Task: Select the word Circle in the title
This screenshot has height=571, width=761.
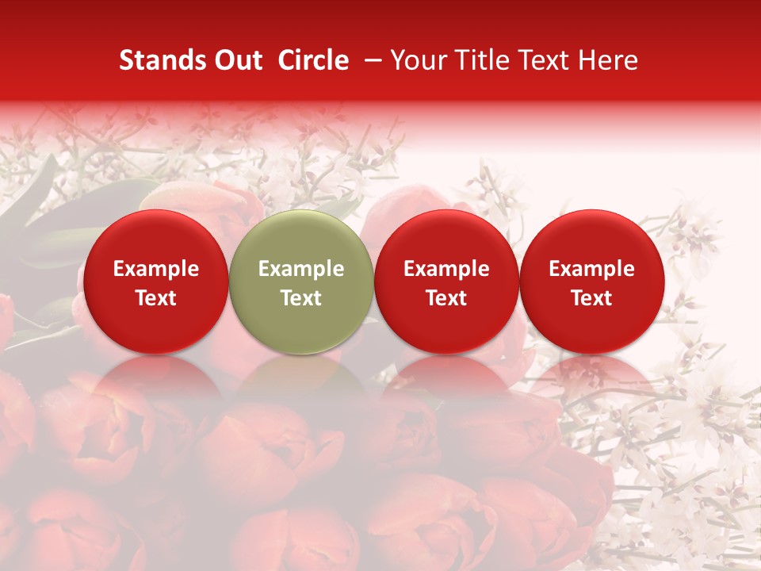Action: pos(313,60)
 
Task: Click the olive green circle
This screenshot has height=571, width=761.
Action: pos(301,282)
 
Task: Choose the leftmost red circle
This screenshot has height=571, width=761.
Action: pos(156,282)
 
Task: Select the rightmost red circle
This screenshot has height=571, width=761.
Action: pos(592,282)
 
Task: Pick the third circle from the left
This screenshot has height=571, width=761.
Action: pos(446,282)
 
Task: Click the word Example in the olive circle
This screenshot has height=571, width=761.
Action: pos(301,269)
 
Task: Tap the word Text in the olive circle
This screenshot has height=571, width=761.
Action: pos(301,298)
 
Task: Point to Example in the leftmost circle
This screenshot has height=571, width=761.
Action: pos(156,269)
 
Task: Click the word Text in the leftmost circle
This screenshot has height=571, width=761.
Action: pos(156,298)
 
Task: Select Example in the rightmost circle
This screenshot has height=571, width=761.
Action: pos(592,269)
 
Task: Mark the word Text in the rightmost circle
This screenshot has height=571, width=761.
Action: pos(592,298)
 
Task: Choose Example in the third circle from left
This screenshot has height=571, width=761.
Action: pos(446,269)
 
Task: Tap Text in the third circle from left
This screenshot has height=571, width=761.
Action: pos(446,298)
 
